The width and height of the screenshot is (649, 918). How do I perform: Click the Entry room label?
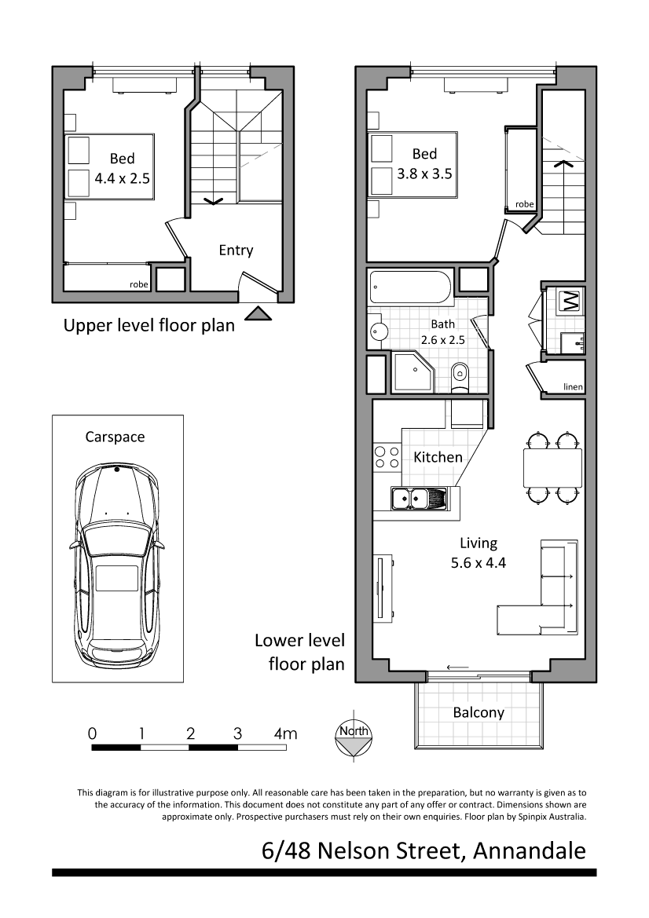pos(236,251)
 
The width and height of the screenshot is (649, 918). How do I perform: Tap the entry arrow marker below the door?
pos(258,314)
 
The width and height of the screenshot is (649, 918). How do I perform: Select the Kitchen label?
pos(438,457)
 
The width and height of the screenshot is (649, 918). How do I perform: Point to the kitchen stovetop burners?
pos(387,457)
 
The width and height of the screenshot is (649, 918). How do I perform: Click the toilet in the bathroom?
pos(460,377)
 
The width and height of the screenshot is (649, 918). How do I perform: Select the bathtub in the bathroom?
pos(411,287)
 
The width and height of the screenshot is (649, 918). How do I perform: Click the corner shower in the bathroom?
pos(413,372)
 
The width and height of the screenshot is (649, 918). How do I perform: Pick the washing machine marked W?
pos(570,302)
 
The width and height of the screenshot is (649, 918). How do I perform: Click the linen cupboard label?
pos(573,386)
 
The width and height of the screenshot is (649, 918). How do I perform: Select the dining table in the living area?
pos(553,467)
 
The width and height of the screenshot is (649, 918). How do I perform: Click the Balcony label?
pos(478,712)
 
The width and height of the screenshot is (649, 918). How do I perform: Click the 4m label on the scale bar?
pos(286,733)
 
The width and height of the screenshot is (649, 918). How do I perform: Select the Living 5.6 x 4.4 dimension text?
pos(478,554)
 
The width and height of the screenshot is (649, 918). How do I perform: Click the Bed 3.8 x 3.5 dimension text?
pos(424,164)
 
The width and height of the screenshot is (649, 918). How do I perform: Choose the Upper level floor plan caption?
pos(148,326)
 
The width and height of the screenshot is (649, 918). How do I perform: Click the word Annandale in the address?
pos(530,851)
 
